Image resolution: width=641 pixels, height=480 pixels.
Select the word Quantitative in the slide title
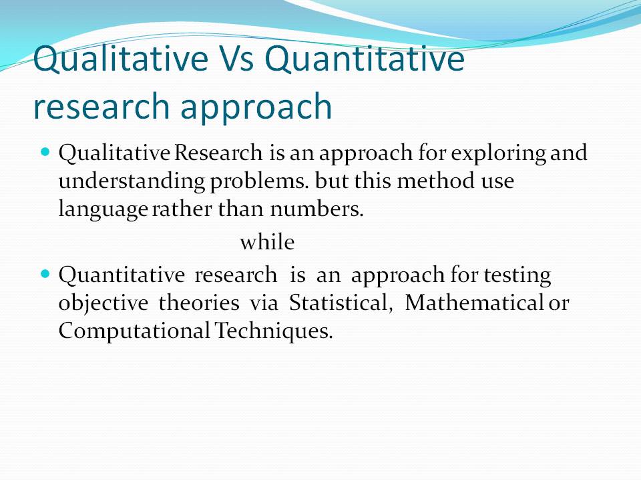pyautogui.click(x=369, y=60)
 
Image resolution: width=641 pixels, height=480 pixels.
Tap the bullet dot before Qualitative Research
pyautogui.click(x=46, y=153)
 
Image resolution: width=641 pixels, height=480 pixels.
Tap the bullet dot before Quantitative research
pyautogui.click(x=46, y=274)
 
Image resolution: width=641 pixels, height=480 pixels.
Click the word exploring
pyautogui.click(x=498, y=154)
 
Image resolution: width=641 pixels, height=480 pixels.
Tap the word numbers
pyautogui.click(x=316, y=209)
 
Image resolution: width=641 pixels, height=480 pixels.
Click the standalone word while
pyautogui.click(x=267, y=243)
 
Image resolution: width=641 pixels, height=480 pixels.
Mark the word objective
pyautogui.click(x=102, y=303)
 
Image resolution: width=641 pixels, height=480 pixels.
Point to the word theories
pyautogui.click(x=198, y=303)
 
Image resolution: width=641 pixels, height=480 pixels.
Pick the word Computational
pyautogui.click(x=134, y=331)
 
